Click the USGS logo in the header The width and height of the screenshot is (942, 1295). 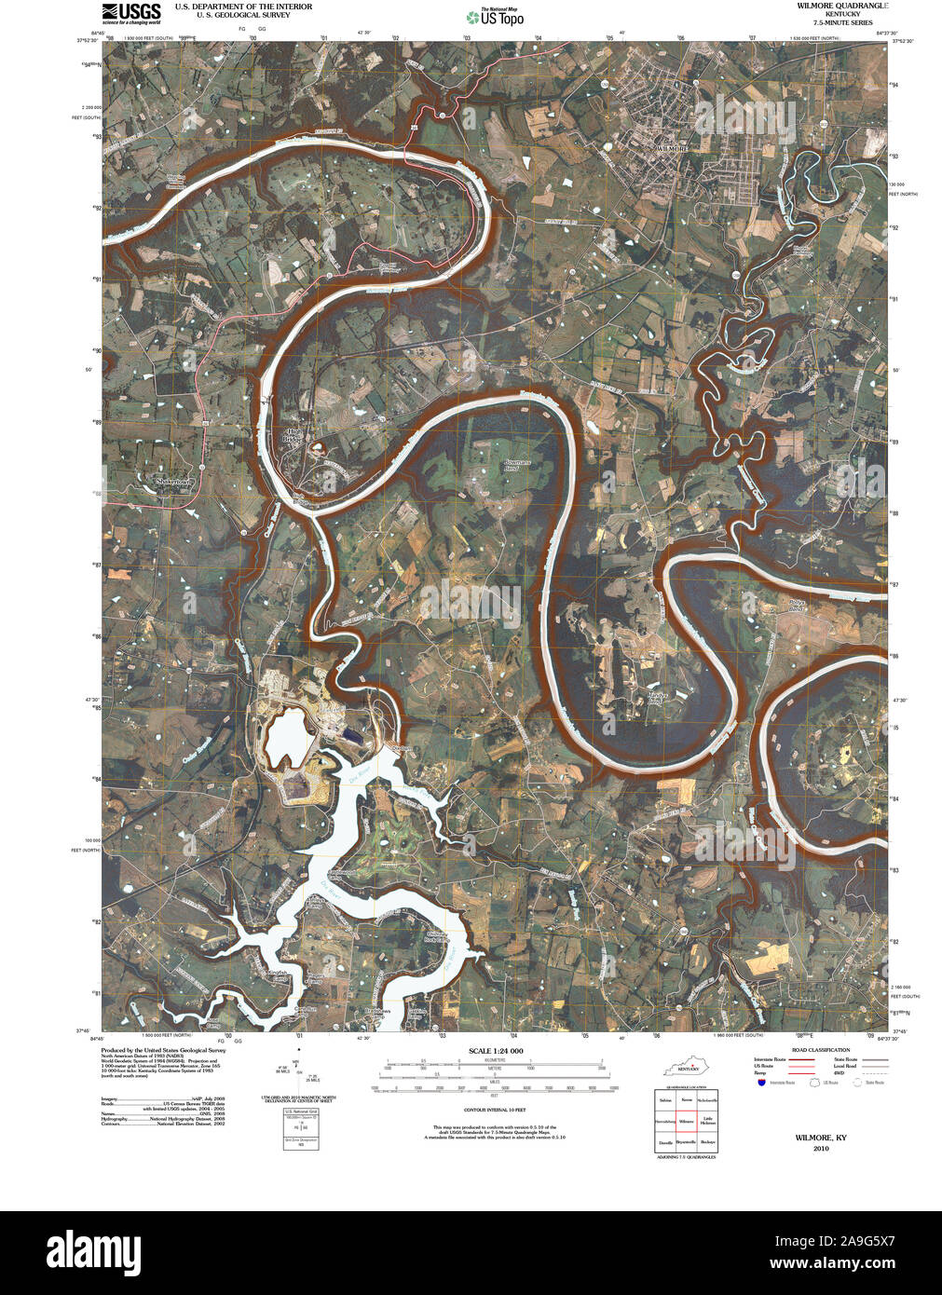click(x=131, y=12)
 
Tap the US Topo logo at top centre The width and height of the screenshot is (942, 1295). click(x=496, y=16)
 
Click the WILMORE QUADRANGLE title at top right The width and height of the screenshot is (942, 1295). click(x=841, y=6)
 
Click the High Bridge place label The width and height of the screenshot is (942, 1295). click(x=295, y=434)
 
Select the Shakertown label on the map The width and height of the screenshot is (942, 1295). click(x=171, y=482)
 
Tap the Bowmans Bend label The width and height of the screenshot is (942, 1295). click(x=516, y=466)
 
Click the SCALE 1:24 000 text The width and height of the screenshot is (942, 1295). click(x=496, y=1051)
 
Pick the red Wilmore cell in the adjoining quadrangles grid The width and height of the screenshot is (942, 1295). click(x=687, y=1121)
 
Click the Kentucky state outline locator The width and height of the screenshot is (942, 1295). click(x=690, y=1064)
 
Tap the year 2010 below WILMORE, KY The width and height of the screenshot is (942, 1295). click(x=820, y=1149)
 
